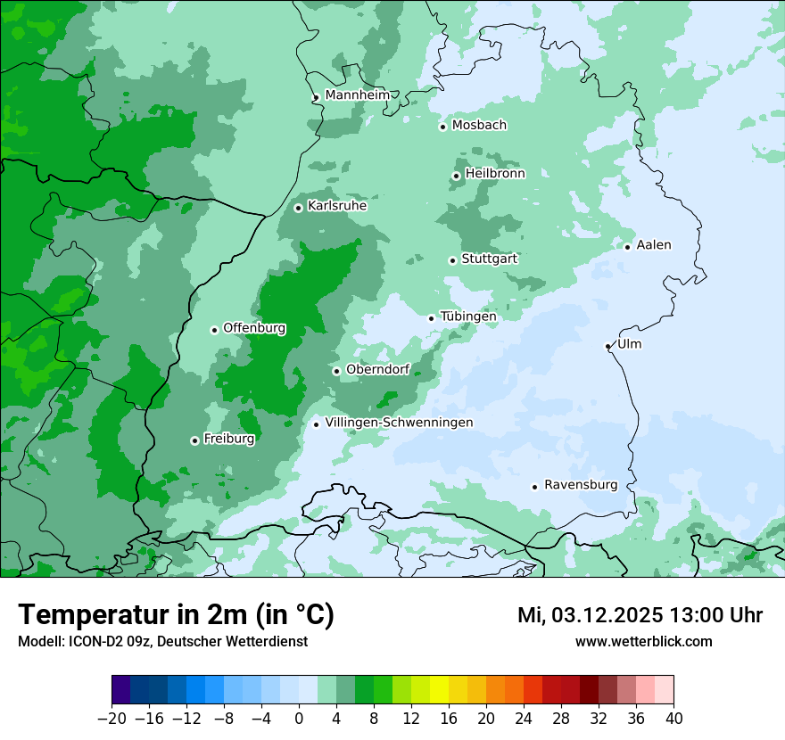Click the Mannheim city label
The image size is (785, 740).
coord(357,95)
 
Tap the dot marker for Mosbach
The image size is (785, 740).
coord(442,127)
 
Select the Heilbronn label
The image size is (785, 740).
coord(495,174)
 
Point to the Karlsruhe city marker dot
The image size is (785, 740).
coord(298,208)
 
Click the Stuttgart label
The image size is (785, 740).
coord(489,259)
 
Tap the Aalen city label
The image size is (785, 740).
coord(654,245)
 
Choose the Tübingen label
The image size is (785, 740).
coord(468,317)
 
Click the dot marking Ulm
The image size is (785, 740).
coord(607,346)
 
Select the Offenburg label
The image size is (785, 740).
coord(254,328)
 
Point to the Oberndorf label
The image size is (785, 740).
coord(377,369)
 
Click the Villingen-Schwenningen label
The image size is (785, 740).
coord(399,423)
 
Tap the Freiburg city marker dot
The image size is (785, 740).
coord(194,440)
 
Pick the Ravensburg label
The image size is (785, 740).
coord(581,485)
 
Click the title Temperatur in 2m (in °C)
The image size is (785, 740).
coord(176,614)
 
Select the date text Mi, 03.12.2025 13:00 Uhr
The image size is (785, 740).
coord(640,615)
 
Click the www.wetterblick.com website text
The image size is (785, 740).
coord(643,641)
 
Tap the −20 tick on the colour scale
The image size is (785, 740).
coord(112,719)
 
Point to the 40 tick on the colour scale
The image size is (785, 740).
coord(673,719)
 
